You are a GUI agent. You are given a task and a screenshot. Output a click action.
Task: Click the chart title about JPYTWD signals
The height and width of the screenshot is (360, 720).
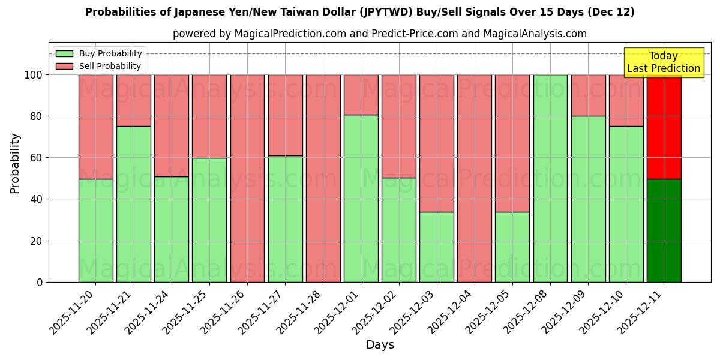click(x=359, y=12)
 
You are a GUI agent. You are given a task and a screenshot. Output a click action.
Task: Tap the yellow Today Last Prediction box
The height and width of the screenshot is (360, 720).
click(x=663, y=62)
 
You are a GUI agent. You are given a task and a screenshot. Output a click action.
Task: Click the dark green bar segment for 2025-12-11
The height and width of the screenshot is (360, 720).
click(x=664, y=230)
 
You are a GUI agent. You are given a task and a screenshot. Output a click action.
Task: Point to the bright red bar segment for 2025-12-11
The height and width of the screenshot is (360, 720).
click(x=664, y=127)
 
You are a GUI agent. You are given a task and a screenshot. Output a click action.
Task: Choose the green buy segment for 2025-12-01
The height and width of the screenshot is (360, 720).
click(x=361, y=198)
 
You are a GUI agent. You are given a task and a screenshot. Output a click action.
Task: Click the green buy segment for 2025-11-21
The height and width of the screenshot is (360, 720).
click(x=133, y=204)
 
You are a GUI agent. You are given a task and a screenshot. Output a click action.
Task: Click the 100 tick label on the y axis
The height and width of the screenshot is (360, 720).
click(x=34, y=75)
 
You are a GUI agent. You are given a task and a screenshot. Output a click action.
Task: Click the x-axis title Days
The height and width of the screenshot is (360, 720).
click(x=380, y=345)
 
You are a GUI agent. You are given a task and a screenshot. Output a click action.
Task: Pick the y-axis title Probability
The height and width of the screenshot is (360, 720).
click(x=15, y=163)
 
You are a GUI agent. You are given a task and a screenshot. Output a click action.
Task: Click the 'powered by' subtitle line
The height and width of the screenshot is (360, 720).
click(x=379, y=34)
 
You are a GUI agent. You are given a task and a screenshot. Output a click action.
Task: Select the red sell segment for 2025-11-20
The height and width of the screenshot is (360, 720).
click(x=95, y=127)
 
